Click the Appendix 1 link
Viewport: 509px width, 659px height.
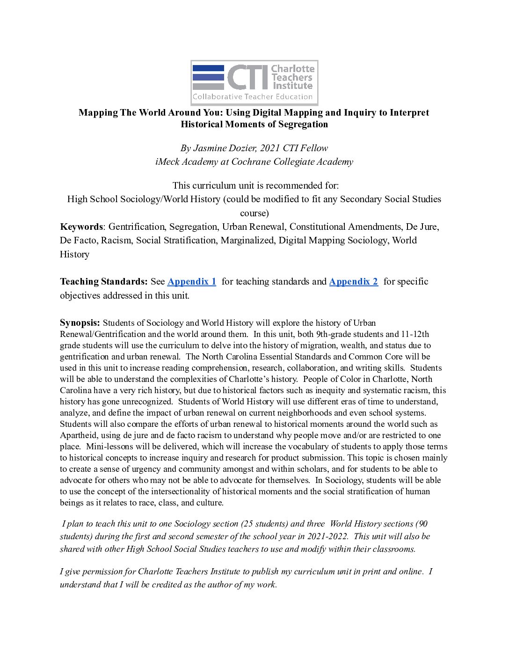click(192, 281)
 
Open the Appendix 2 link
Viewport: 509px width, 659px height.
click(353, 281)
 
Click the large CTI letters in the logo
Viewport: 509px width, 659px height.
click(247, 77)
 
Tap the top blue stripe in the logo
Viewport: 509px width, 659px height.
click(208, 68)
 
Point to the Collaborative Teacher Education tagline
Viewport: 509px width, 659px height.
click(253, 97)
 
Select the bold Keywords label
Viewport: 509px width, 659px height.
click(81, 227)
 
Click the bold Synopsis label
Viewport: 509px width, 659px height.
click(80, 322)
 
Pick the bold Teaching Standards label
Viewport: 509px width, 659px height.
click(103, 281)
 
